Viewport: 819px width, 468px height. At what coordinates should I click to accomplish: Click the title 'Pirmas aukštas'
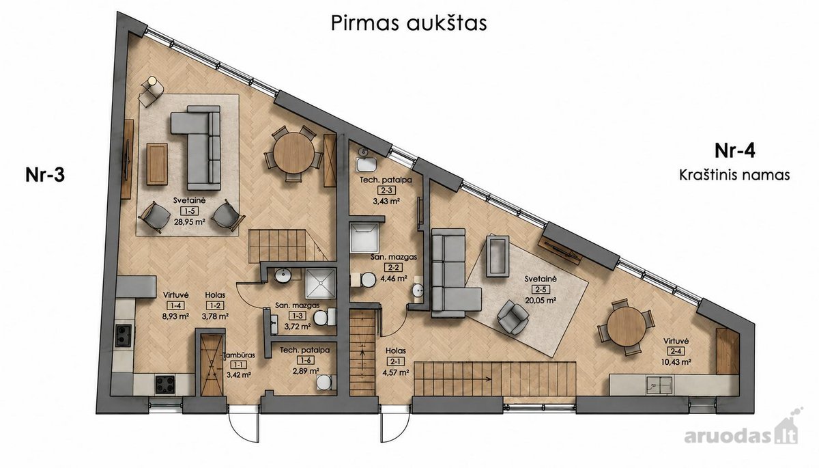click(x=409, y=23)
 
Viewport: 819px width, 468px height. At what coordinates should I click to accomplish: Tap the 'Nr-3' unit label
click(x=45, y=175)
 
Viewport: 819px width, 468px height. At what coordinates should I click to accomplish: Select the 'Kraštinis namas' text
click(x=734, y=175)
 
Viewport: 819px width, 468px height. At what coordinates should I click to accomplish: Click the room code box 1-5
click(x=190, y=210)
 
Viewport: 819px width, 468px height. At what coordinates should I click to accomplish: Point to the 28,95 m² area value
click(x=190, y=221)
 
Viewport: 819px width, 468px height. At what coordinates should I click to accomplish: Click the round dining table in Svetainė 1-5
click(x=293, y=153)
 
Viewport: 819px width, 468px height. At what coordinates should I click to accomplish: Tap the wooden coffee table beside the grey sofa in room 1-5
click(x=157, y=163)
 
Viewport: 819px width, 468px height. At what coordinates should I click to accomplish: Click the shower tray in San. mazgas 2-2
click(x=364, y=238)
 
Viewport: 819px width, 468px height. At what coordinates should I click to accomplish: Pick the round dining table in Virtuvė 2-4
click(x=627, y=327)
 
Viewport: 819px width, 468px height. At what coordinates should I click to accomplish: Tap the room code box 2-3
click(x=386, y=190)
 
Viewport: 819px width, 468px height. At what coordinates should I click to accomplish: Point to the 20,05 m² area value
click(x=541, y=300)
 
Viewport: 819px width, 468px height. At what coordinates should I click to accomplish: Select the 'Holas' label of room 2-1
click(x=396, y=351)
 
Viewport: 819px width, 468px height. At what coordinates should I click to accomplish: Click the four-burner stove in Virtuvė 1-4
click(x=165, y=384)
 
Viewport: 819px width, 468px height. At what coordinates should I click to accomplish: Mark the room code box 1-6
click(x=305, y=361)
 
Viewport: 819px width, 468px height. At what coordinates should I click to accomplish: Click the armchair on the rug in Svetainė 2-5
click(x=513, y=317)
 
